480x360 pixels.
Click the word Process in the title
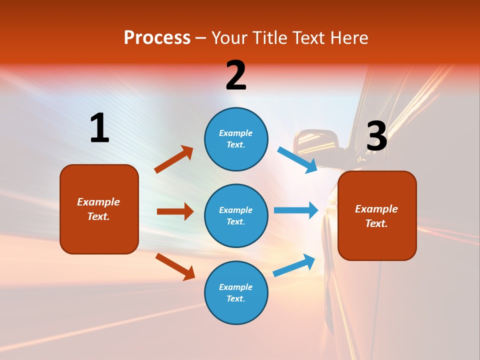tap(157, 38)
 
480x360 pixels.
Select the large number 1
tap(99, 128)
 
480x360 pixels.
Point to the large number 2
tap(236, 75)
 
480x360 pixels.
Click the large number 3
tap(376, 136)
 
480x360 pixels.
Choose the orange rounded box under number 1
tap(99, 209)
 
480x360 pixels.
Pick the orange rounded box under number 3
tap(377, 215)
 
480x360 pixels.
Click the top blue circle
tap(236, 139)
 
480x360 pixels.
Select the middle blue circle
tap(236, 215)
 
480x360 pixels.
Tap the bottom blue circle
tap(236, 292)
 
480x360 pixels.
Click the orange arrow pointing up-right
tap(174, 159)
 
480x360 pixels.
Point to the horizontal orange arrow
tap(175, 211)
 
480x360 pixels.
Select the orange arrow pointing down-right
tap(175, 266)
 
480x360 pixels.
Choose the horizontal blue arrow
tap(296, 210)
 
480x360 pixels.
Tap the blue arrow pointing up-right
tap(294, 265)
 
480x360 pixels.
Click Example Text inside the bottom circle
tap(236, 292)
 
